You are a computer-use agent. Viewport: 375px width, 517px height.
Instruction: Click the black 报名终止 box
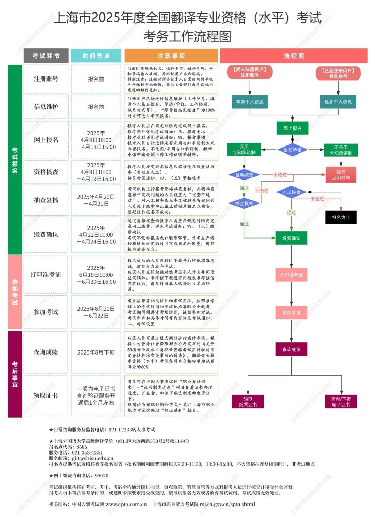pos(341,217)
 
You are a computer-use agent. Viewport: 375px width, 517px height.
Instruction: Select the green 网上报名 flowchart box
pos(292,128)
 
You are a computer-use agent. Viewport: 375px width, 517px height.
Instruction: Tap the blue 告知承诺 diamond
pos(292,150)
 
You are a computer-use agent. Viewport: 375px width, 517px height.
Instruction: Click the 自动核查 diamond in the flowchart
pos(244,175)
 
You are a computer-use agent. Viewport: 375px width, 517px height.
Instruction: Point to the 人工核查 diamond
pos(291,192)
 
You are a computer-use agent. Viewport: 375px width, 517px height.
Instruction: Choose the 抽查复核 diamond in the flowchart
pos(244,203)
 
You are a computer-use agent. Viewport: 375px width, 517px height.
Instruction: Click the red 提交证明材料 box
pos(341,175)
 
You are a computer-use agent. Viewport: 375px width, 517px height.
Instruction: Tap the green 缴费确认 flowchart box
pos(291,238)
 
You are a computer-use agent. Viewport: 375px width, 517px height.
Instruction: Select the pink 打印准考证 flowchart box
pos(291,275)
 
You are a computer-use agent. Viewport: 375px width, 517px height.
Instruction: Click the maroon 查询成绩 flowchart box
pos(291,349)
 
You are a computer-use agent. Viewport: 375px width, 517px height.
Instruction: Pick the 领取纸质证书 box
pos(248,402)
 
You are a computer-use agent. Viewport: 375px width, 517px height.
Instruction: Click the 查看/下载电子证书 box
pos(341,402)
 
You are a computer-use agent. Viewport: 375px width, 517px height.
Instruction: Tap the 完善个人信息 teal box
pos(250,102)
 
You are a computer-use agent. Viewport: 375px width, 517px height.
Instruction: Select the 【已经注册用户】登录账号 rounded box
pos(338,73)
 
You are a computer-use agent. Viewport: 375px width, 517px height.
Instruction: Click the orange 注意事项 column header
pos(171,56)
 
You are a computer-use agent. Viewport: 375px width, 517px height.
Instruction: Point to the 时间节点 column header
pos(96,56)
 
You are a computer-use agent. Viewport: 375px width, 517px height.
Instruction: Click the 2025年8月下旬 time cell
pos(96,352)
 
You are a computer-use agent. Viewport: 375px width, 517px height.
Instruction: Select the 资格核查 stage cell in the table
pos(46,172)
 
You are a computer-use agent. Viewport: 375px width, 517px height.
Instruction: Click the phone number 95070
pos(101,476)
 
